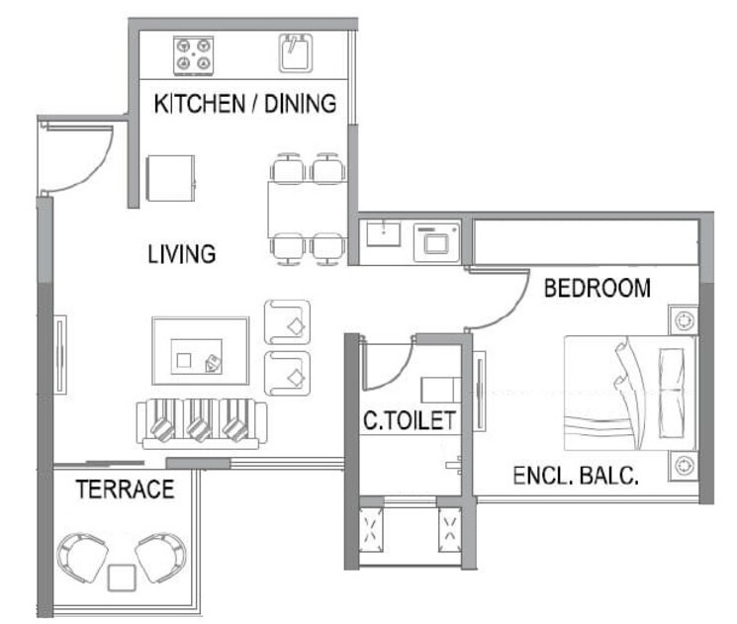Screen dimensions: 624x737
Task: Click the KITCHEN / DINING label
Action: click(244, 103)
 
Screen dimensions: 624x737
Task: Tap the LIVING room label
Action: click(181, 254)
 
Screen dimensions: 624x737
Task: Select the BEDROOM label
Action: click(598, 288)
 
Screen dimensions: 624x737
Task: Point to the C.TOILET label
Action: click(409, 421)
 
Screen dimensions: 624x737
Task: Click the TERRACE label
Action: click(126, 489)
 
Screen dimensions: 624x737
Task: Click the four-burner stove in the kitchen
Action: click(194, 53)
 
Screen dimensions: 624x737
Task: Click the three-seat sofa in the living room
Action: click(201, 424)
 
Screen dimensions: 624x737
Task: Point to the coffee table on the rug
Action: click(200, 352)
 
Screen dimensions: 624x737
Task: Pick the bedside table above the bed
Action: click(683, 319)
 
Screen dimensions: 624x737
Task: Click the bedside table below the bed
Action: click(683, 465)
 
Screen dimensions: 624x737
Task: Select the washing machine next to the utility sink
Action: click(434, 239)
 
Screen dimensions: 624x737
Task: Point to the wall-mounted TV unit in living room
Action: click(60, 354)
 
